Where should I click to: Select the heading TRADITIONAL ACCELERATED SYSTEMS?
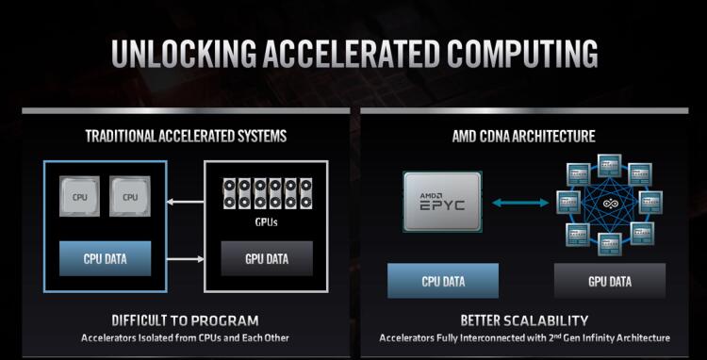186,137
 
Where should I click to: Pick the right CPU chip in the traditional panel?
130,197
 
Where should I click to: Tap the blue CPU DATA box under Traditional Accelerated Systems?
106,258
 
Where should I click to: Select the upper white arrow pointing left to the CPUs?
186,199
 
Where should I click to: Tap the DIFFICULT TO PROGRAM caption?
185,320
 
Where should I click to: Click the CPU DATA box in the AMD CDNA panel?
443,281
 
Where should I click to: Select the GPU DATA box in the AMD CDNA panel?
609,281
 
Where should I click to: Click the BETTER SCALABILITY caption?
524,320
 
